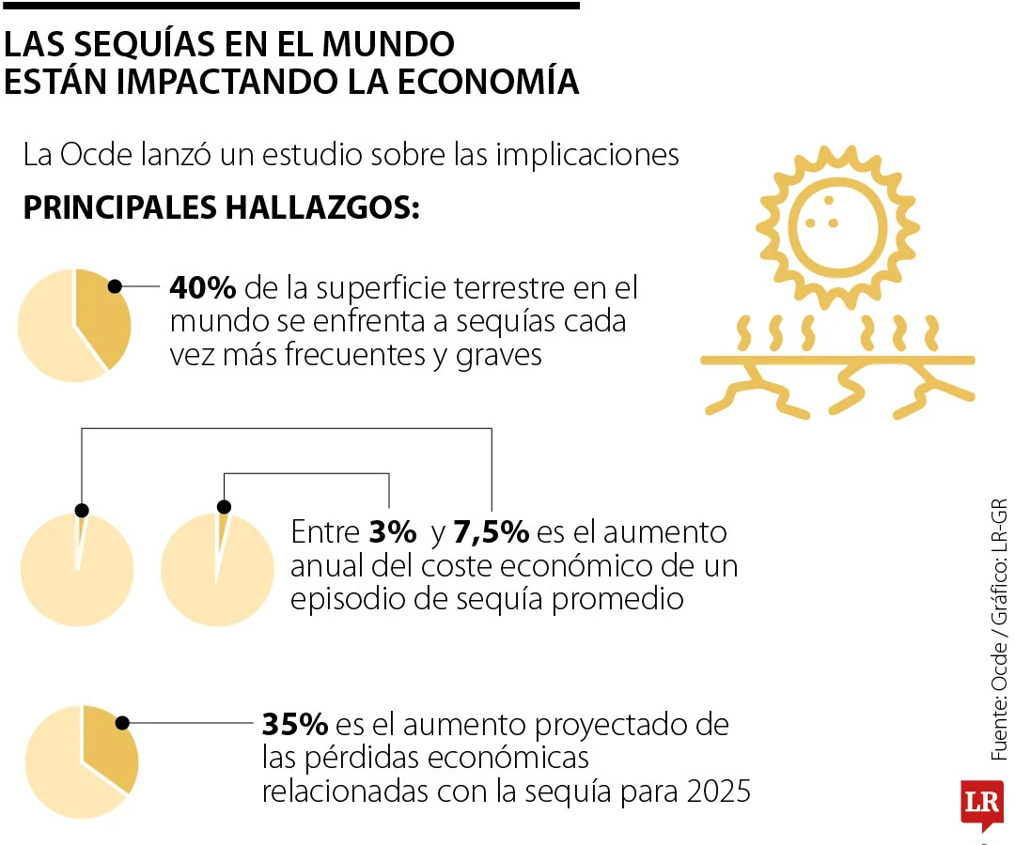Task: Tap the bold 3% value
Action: click(392, 533)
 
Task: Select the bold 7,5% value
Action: click(492, 533)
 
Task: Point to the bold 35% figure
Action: click(294, 725)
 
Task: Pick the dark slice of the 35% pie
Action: click(108, 751)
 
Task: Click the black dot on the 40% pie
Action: click(116, 286)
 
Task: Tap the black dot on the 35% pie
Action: click(122, 723)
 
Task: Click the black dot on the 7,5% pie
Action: click(223, 507)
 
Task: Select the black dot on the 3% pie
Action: click(82, 510)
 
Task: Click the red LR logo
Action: click(981, 804)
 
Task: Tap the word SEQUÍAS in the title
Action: click(155, 43)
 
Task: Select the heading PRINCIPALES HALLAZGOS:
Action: click(221, 207)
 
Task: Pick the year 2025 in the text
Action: click(718, 791)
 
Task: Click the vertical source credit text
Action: click(998, 629)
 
